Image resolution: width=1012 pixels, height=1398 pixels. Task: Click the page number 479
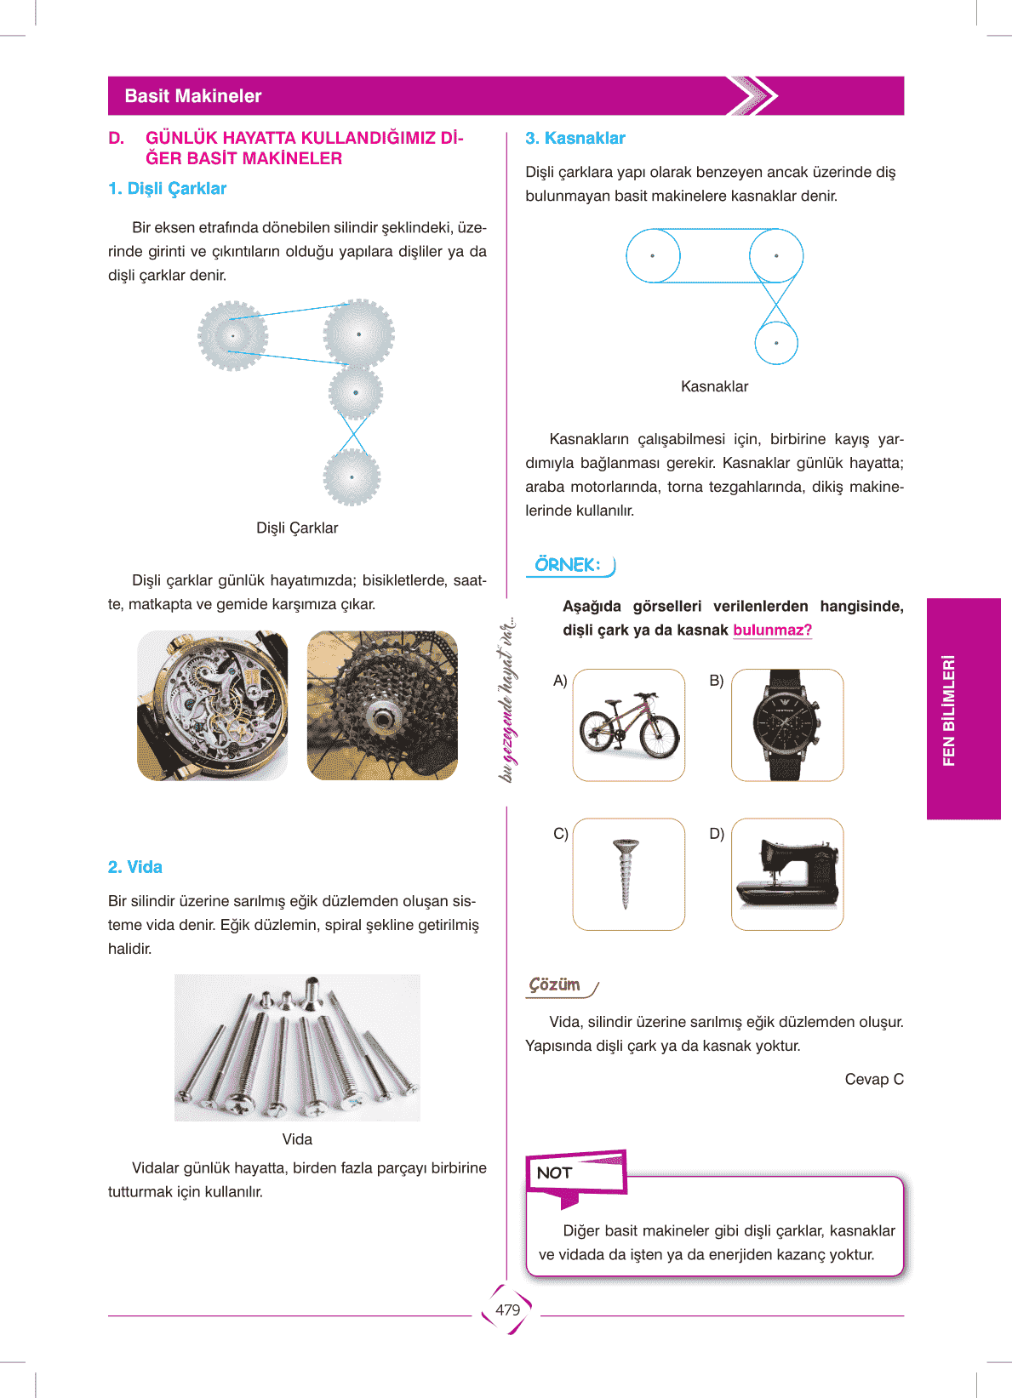(507, 1310)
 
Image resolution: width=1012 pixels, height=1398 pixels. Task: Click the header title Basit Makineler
(193, 96)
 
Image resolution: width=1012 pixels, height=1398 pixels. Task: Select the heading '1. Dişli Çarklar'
(168, 189)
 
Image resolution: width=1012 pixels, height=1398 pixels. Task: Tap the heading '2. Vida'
(135, 867)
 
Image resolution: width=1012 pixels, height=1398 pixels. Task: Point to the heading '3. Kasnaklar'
(575, 138)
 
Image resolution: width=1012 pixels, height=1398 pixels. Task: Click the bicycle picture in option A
(629, 725)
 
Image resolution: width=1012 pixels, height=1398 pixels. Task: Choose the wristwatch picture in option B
(787, 725)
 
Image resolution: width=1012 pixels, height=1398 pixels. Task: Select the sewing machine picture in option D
(787, 874)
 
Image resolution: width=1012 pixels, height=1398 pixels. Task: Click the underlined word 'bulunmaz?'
(773, 631)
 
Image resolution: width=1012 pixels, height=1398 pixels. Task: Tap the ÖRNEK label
(568, 565)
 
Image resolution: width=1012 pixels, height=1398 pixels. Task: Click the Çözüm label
(555, 984)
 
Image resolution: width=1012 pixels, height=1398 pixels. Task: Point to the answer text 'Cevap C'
(874, 1079)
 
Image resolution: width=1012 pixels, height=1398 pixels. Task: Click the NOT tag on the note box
(555, 1173)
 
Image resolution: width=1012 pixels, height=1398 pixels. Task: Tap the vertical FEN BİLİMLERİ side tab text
(949, 710)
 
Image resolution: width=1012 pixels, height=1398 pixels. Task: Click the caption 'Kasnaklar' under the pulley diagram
(714, 386)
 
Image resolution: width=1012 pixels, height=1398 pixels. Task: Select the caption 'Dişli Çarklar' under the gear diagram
(297, 528)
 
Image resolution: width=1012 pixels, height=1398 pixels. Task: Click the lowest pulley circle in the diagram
(776, 344)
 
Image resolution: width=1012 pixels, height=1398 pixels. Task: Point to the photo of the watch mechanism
(213, 705)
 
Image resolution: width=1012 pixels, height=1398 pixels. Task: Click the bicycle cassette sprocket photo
(382, 705)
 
